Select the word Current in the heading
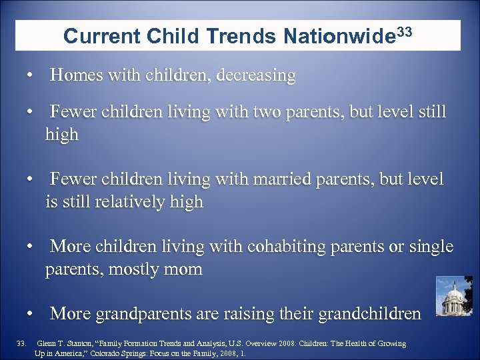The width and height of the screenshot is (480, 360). point(100,37)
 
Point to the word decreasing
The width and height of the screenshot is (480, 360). point(255,76)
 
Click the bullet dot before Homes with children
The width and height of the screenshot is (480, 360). point(31,76)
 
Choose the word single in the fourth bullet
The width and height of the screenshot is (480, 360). point(429,247)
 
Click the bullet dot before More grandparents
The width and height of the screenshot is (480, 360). point(31,313)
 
